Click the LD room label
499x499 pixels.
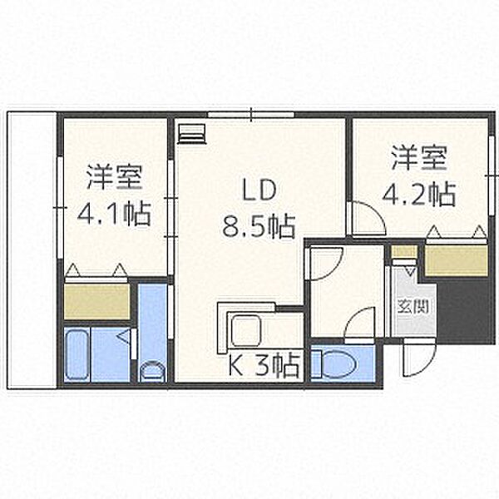click(x=259, y=190)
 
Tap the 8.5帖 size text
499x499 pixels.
click(x=259, y=226)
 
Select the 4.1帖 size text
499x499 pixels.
click(x=114, y=215)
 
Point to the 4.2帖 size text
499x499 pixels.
click(x=419, y=195)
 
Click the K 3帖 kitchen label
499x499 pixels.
click(x=264, y=365)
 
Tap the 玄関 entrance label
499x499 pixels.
click(x=413, y=306)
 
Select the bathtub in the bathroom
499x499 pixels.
click(x=77, y=354)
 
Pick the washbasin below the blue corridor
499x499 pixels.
click(x=153, y=371)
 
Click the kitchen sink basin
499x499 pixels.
click(x=246, y=330)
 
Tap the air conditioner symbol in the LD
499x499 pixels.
click(x=191, y=134)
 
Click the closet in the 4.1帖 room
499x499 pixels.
click(x=97, y=301)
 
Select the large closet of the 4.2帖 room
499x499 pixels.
click(x=457, y=260)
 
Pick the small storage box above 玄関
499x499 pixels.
click(x=404, y=252)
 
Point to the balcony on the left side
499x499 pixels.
click(x=32, y=249)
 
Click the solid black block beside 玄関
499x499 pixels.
click(x=462, y=311)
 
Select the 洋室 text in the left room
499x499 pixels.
click(x=114, y=177)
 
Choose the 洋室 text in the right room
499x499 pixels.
click(x=419, y=157)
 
